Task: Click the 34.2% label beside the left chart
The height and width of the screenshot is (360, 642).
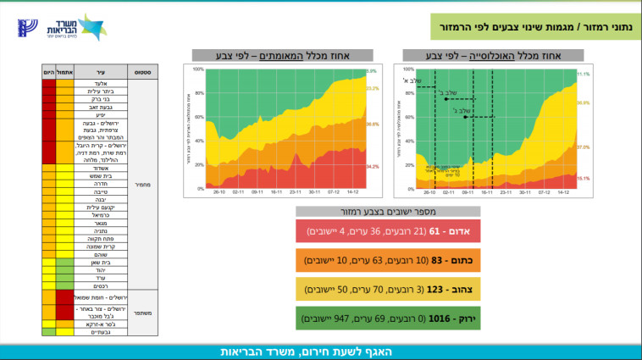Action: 373,167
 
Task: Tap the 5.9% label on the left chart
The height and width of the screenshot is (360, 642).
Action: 371,71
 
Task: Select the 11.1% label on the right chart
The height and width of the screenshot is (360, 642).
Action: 583,75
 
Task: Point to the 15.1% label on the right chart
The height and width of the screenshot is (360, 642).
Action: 583,179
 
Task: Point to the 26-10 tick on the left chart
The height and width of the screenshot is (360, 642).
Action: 219,192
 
